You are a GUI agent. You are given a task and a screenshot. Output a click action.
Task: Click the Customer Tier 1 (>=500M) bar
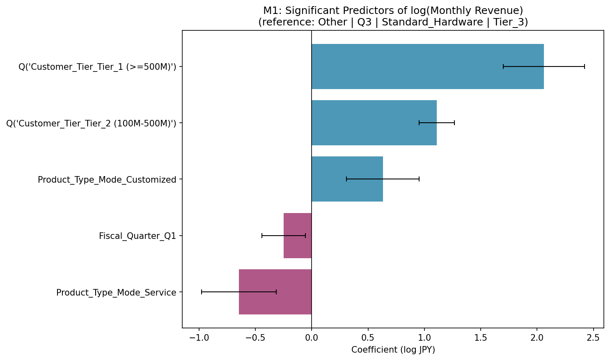click(x=428, y=66)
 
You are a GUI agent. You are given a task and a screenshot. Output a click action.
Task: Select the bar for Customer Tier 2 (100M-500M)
click(x=374, y=123)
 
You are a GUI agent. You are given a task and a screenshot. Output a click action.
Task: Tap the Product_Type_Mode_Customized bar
click(x=347, y=179)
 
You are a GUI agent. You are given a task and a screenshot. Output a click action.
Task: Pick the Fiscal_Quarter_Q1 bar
click(x=298, y=236)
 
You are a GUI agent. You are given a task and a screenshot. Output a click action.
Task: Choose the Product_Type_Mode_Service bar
click(x=275, y=292)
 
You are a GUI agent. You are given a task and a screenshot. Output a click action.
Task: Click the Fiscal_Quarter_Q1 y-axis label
click(x=138, y=236)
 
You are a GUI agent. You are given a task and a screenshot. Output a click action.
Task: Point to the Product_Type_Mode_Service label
click(x=116, y=292)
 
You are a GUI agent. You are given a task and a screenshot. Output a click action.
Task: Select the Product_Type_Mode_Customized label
click(x=107, y=180)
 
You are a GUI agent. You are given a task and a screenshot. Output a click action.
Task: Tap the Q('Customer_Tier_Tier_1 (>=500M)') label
click(x=97, y=67)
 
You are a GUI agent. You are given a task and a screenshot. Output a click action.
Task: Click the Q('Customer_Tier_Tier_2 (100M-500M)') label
click(x=91, y=124)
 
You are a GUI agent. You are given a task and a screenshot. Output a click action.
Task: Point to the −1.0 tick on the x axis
click(x=199, y=338)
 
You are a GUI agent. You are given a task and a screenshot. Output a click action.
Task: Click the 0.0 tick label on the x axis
click(x=312, y=338)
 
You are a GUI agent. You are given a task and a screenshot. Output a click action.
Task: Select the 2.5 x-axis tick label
click(x=593, y=338)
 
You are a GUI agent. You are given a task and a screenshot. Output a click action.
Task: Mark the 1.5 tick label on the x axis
click(x=481, y=338)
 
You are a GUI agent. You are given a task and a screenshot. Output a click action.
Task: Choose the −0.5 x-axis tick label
click(x=255, y=338)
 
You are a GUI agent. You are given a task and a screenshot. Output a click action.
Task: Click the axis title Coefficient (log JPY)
click(x=393, y=350)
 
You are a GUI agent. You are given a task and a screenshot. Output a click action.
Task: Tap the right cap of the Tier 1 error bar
click(x=585, y=66)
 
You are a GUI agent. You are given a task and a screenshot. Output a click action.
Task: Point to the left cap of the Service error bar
click(x=202, y=292)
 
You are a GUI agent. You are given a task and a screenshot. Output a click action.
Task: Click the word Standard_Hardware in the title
click(x=432, y=22)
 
